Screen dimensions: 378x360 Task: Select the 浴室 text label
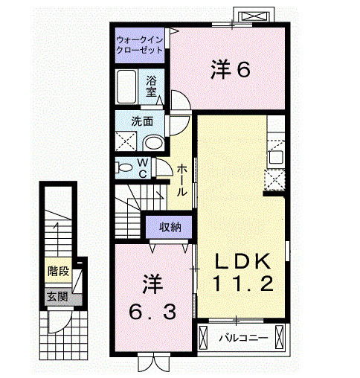tap(151, 87)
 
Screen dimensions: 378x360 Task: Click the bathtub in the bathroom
tap(126, 88)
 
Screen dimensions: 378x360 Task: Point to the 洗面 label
tap(143, 121)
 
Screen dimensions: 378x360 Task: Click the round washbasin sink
tap(153, 142)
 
